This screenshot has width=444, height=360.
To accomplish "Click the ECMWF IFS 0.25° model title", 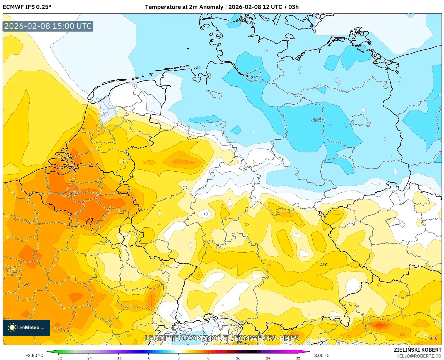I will [27, 7].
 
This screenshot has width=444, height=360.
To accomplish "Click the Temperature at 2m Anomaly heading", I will [184, 7].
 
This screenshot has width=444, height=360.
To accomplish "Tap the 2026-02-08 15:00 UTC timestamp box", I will [48, 26].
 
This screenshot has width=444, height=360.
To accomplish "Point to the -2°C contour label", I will [253, 78].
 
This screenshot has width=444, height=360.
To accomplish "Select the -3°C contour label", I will [316, 120].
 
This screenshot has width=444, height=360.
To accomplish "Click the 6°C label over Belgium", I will [73, 193].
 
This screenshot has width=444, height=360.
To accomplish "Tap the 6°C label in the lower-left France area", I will [26, 285].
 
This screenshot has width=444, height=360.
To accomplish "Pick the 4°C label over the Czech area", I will [324, 265].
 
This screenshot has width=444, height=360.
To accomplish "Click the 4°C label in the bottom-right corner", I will [433, 338].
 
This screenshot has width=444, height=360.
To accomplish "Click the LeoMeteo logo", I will [26, 327].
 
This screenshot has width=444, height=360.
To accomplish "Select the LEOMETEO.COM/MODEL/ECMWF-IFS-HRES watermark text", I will [222, 338].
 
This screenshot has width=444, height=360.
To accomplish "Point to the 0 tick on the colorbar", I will [178, 358].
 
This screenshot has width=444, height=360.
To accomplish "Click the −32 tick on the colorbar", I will [58, 358].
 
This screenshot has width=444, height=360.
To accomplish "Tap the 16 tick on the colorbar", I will [238, 358].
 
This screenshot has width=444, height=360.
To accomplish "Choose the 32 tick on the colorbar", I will [298, 358].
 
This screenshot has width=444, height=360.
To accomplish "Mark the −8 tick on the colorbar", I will [148, 358].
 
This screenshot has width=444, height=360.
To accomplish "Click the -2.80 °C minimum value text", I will [34, 355].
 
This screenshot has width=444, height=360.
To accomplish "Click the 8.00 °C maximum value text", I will [322, 355].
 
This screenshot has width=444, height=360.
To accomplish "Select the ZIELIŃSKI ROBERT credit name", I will [418, 350].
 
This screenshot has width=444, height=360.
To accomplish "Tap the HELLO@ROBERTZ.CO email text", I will [419, 356].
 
